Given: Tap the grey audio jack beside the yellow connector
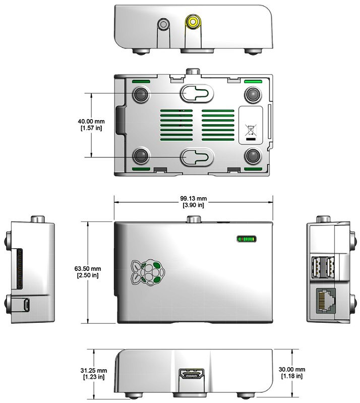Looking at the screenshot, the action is click(163, 24).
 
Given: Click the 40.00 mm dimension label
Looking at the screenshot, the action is click(91, 125).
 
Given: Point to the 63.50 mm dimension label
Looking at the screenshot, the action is click(88, 272).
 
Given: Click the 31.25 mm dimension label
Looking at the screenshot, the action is click(94, 374).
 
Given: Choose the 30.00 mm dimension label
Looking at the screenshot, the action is click(292, 373).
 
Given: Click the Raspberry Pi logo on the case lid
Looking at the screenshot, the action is click(148, 272).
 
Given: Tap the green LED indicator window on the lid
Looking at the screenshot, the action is click(247, 239).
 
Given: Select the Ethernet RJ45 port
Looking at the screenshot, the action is click(326, 301).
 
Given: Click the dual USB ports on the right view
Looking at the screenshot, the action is click(323, 267).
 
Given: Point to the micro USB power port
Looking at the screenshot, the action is click(26, 304).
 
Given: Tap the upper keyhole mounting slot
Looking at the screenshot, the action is click(197, 93).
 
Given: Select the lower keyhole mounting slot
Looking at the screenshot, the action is click(197, 157).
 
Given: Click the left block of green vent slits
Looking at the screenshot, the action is click(176, 125).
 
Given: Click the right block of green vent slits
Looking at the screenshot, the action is click(218, 125).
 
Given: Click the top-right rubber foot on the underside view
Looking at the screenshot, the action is click(253, 95).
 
